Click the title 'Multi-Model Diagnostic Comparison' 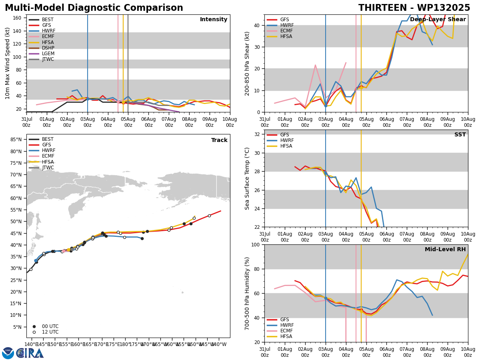[94, 8]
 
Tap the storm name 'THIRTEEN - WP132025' [414, 8]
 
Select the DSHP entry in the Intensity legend [42, 48]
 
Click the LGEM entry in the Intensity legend [42, 54]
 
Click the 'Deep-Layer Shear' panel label [438, 19]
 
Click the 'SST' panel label [460, 134]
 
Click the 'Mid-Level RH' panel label [445, 249]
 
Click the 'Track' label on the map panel [219, 140]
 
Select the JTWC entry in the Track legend [41, 168]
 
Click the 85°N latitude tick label [16, 140]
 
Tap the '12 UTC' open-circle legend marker [34, 332]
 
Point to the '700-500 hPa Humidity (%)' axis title [247, 294]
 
